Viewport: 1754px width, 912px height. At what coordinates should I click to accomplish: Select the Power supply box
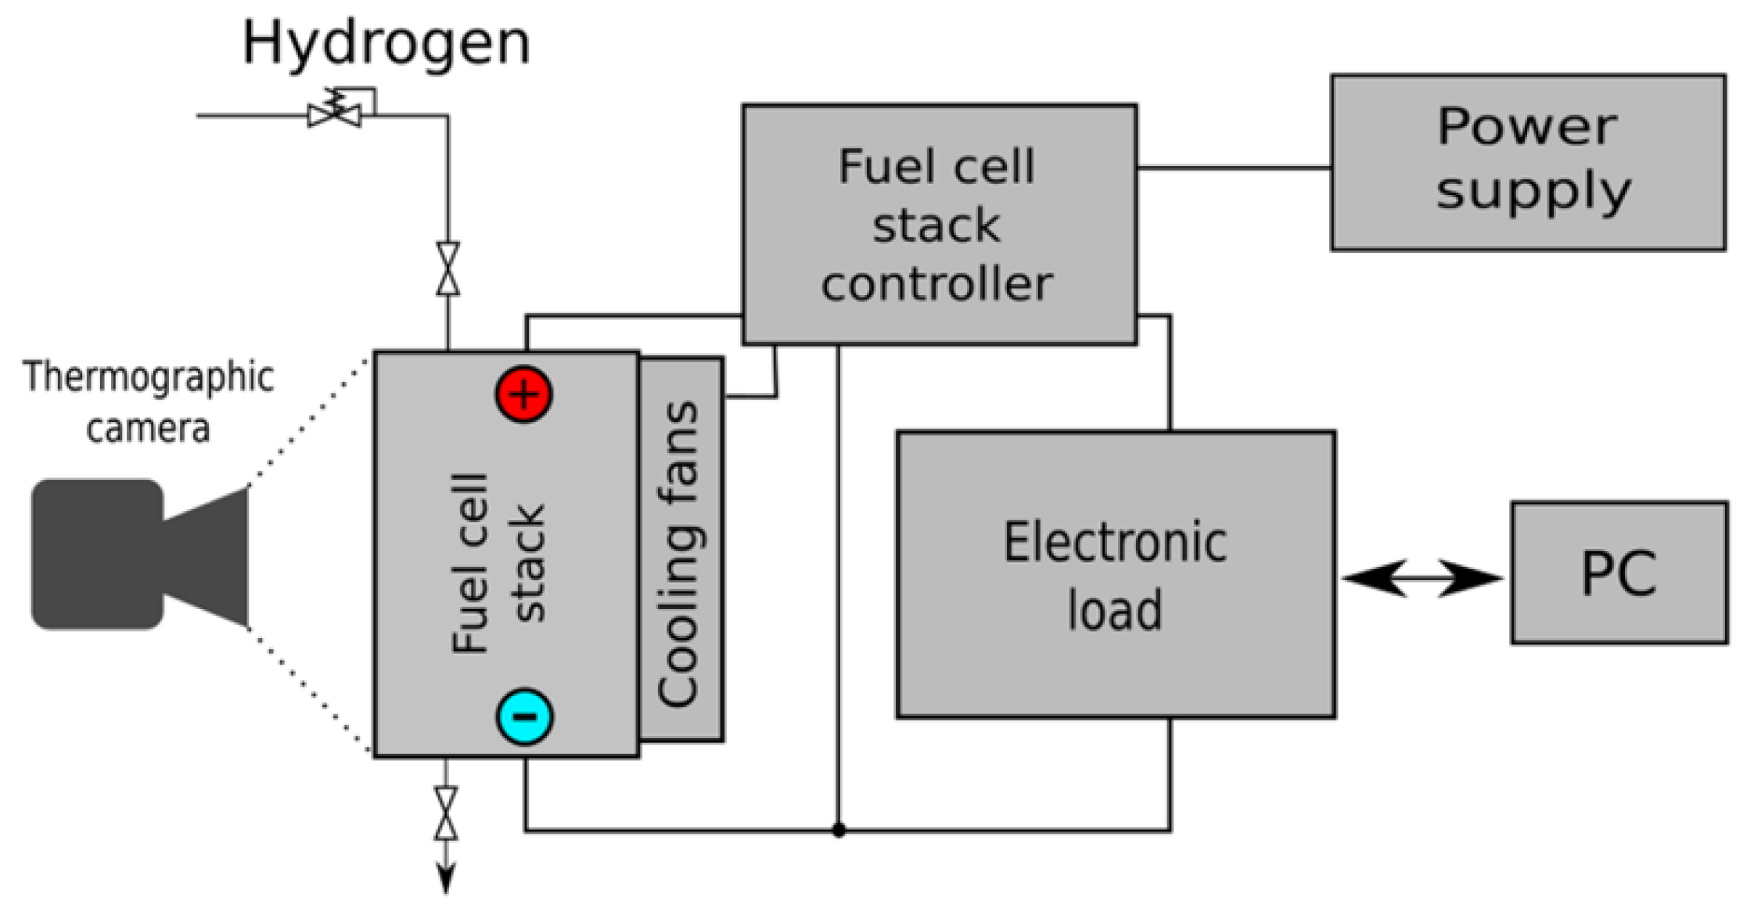tap(1528, 163)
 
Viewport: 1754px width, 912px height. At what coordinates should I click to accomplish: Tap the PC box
tap(1619, 573)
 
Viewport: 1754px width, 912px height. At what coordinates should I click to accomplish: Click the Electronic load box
tap(1115, 574)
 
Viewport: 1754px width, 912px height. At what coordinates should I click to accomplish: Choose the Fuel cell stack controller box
tap(939, 224)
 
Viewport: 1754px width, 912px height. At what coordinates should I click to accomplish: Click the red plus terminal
tap(523, 395)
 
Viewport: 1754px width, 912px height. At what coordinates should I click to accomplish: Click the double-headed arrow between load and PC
tap(1422, 579)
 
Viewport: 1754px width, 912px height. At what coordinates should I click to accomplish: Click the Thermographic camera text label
tap(148, 402)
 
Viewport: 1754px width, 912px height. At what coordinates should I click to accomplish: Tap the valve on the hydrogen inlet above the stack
tap(447, 269)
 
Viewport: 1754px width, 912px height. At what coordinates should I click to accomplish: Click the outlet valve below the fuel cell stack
tap(446, 813)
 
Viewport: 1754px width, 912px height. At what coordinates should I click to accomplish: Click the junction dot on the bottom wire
tap(839, 830)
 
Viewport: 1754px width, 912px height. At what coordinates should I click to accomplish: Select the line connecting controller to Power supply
tap(1234, 168)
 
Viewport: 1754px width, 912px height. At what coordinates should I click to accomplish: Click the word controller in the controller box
tap(936, 283)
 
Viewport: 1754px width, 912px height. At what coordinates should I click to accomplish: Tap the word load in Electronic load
tap(1115, 611)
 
